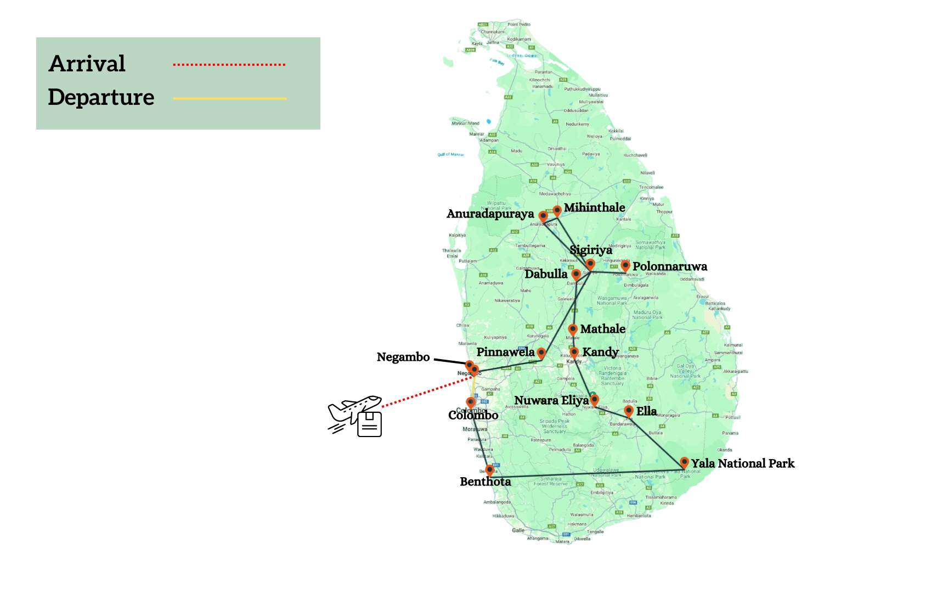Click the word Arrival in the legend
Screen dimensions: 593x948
coord(87,64)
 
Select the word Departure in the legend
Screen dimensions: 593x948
coord(101,97)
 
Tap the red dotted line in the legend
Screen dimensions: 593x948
coord(229,65)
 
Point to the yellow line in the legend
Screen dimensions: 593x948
coord(229,99)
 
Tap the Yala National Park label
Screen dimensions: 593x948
coord(743,463)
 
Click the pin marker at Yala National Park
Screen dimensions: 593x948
coord(684,462)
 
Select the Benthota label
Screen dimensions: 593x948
coord(485,482)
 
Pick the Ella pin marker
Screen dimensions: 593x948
coord(629,410)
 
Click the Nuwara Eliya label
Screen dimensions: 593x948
coord(551,400)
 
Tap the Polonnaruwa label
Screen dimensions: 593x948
coord(670,266)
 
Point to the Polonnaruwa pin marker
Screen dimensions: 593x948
coord(625,266)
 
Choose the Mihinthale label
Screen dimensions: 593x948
coord(594,208)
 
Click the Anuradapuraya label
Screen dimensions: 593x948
coord(490,214)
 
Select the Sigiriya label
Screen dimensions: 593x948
coord(590,250)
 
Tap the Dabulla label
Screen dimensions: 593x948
coord(546,274)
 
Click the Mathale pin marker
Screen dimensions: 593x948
coord(573,329)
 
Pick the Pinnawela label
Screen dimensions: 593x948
coord(505,352)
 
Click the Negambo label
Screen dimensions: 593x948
coord(403,357)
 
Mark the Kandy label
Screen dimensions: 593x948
coord(600,352)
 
